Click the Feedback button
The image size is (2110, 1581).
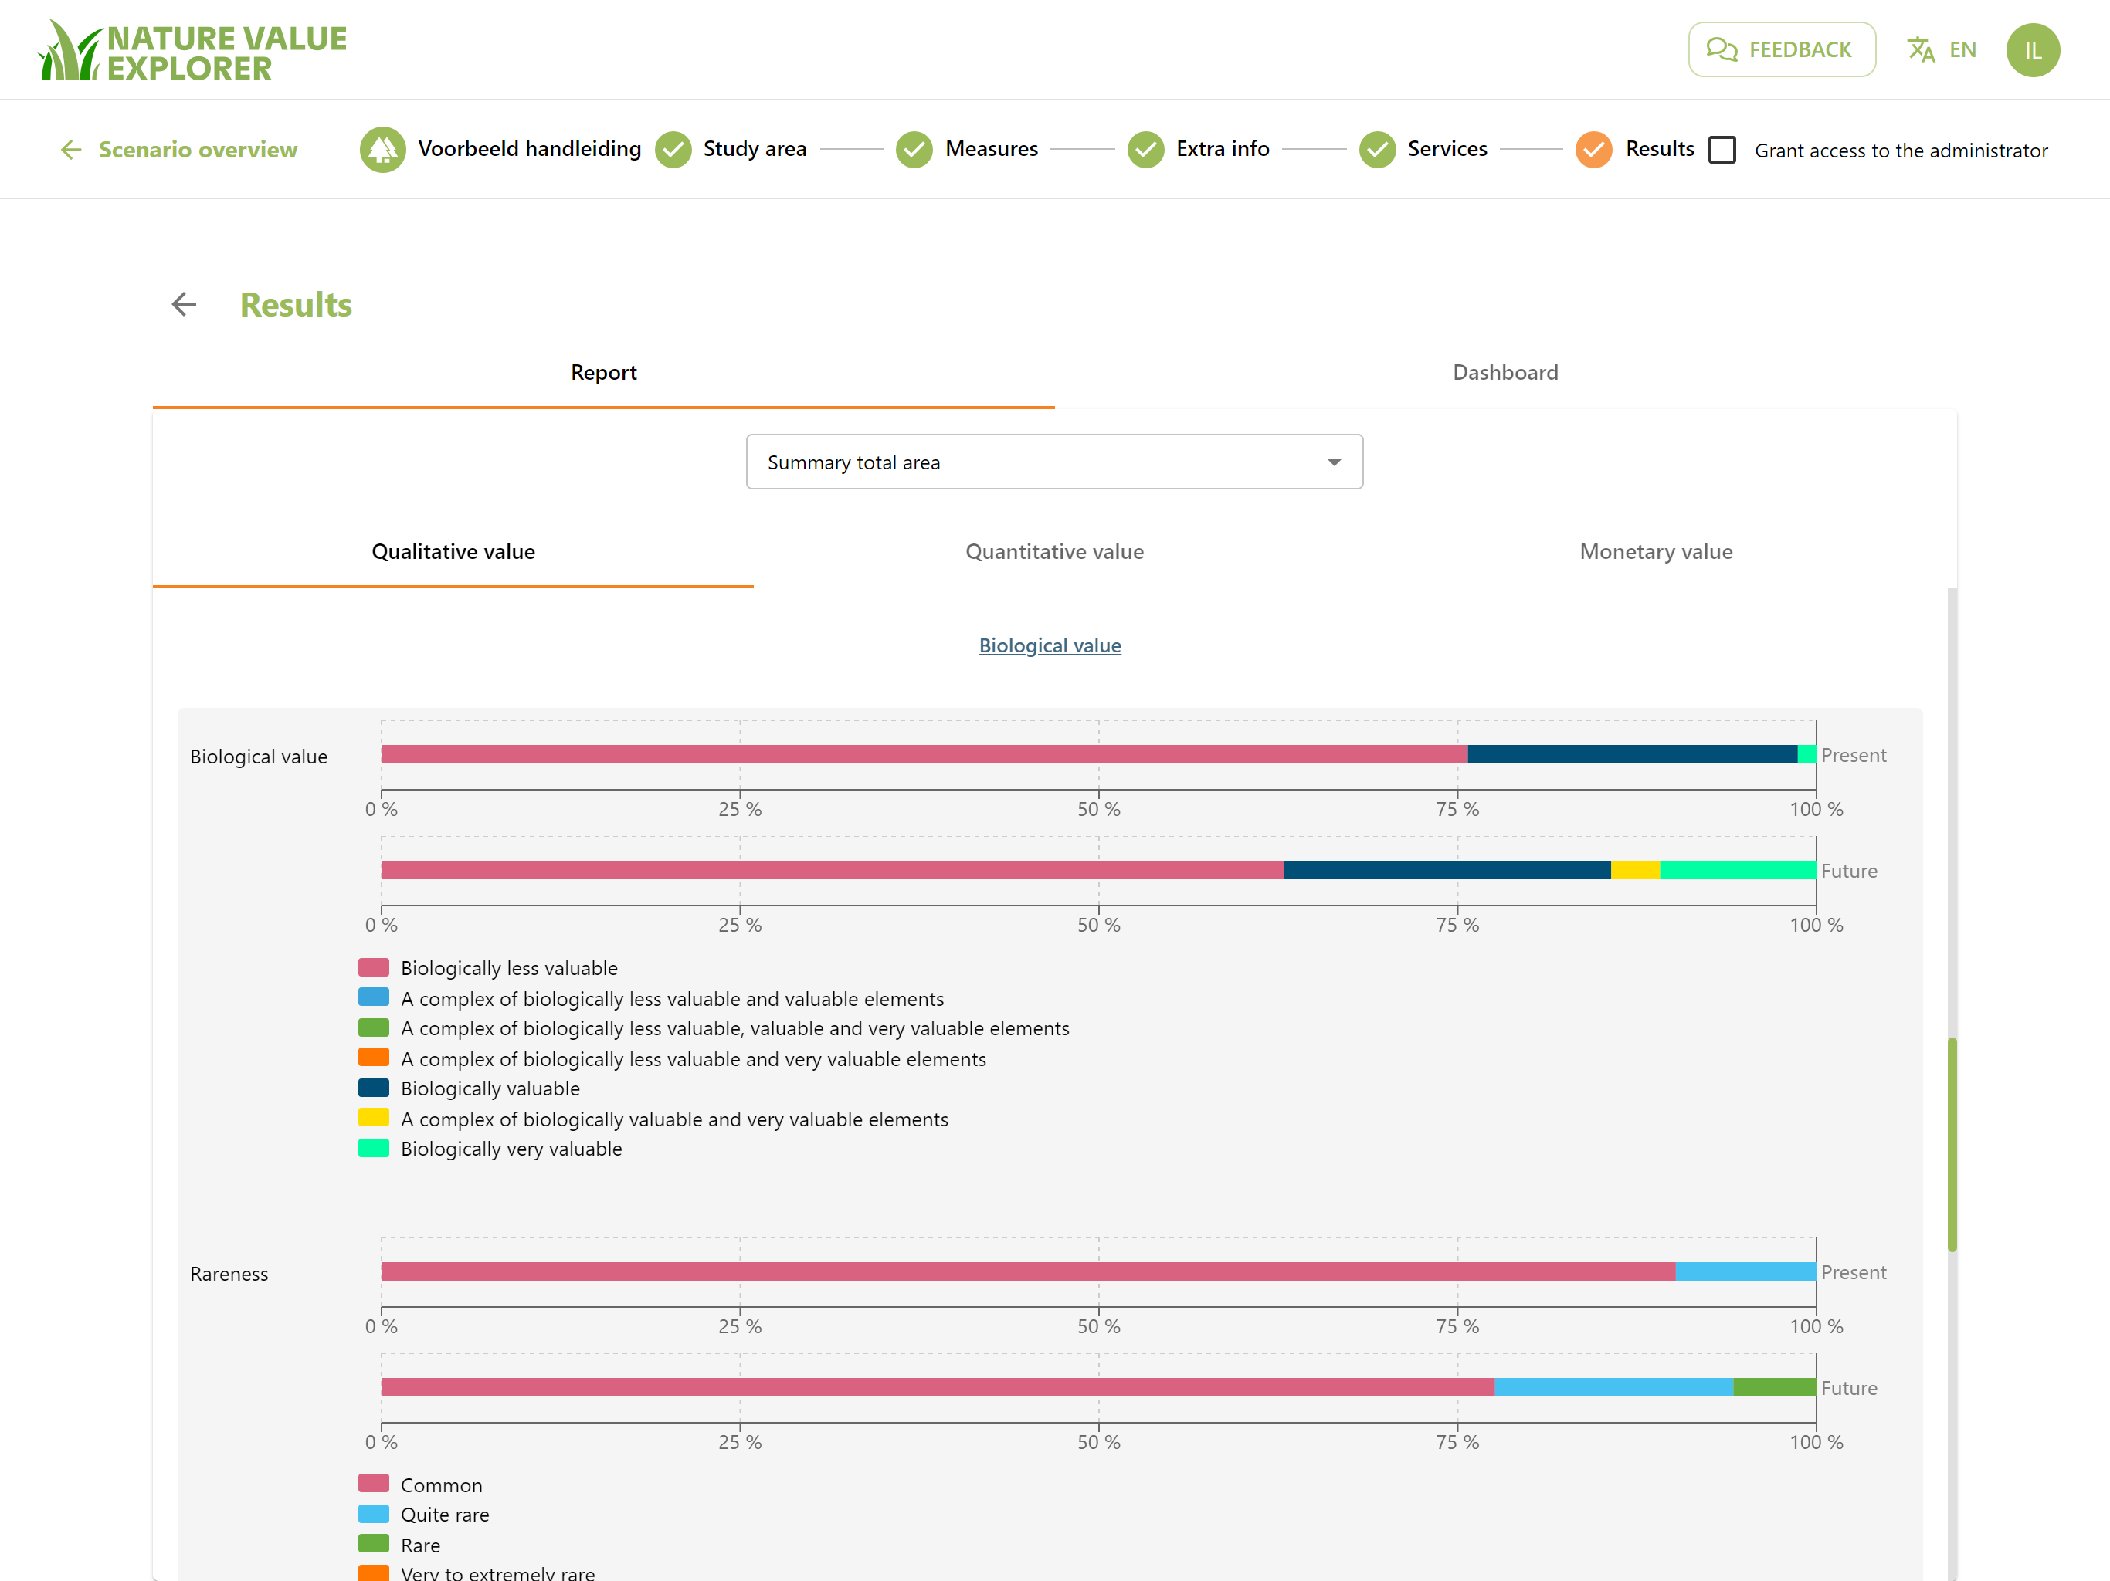(x=1781, y=49)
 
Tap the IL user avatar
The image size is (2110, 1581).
(x=2033, y=49)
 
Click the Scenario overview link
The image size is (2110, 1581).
(x=178, y=150)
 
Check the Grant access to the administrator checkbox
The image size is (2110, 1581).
(x=1722, y=150)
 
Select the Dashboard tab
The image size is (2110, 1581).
(x=1505, y=373)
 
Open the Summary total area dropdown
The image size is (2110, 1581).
(x=1054, y=462)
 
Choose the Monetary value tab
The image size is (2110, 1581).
(x=1656, y=552)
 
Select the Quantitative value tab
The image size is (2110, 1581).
(x=1054, y=552)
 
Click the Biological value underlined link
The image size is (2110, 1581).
(x=1050, y=645)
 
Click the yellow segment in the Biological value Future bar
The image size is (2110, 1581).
(x=1635, y=870)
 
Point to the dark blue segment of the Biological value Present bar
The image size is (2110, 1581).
(x=1632, y=754)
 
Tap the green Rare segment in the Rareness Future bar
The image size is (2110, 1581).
(x=1774, y=1387)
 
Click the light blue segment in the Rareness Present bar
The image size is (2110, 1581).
(x=1745, y=1272)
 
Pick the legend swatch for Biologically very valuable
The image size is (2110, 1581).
(x=373, y=1148)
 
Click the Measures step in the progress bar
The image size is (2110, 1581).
(x=967, y=150)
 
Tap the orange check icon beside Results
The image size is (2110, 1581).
(x=1593, y=150)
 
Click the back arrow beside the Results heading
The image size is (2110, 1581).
(x=184, y=304)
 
